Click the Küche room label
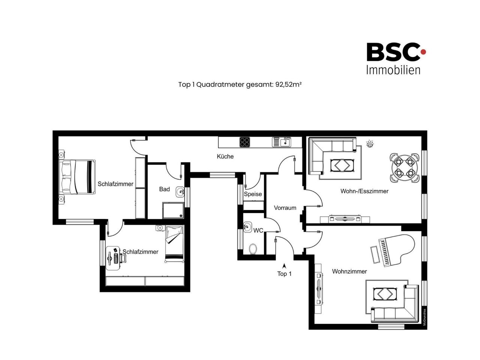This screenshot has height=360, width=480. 225,156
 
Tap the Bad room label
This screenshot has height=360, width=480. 164,189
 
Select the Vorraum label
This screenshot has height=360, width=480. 285,208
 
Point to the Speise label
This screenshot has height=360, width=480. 253,194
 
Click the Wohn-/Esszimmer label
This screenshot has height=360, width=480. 364,191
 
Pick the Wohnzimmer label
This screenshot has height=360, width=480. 349,271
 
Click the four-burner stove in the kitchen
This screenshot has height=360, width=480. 245,142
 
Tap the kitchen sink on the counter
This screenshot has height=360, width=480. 282,142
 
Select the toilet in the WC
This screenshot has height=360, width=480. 253,249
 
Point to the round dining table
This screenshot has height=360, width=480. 404,168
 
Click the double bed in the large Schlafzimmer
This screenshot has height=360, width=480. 77,177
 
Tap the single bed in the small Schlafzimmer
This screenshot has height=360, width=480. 174,244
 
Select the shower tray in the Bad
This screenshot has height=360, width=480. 173,210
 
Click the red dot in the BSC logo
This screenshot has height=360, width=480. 423,52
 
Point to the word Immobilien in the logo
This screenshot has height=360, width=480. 393,70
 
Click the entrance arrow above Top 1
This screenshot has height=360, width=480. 284,266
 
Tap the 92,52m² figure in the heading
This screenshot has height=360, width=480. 288,84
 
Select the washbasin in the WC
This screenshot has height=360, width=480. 247,226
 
